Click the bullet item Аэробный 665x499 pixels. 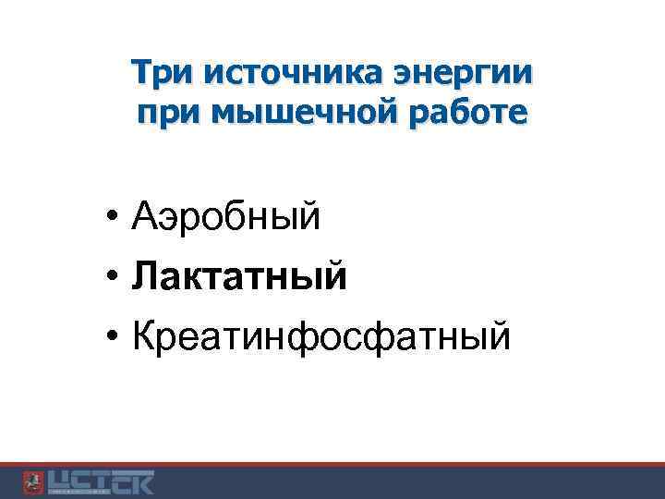tap(225, 218)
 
